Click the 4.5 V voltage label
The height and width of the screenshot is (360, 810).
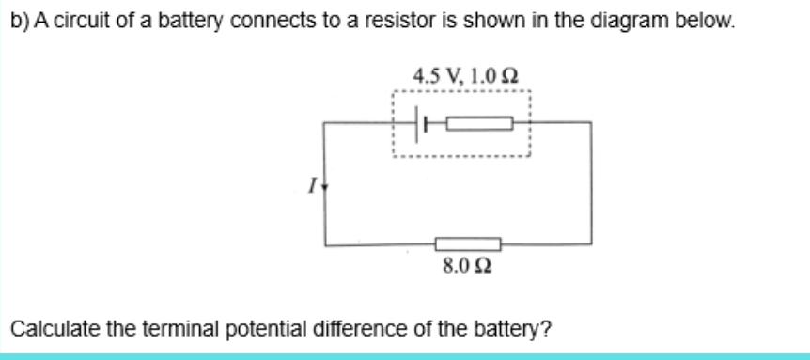[x=430, y=74]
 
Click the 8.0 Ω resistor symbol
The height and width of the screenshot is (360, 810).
[x=467, y=244]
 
